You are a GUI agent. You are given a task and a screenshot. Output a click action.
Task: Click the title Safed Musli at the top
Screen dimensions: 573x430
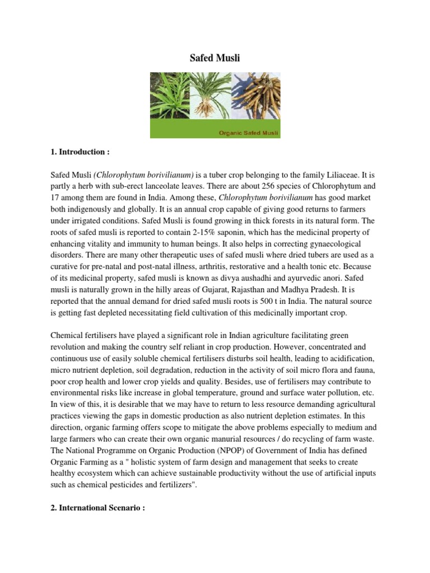coord(215,58)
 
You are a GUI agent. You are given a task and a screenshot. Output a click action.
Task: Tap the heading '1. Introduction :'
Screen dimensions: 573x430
coord(78,152)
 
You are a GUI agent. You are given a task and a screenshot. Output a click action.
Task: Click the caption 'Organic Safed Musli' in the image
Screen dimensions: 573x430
coord(249,133)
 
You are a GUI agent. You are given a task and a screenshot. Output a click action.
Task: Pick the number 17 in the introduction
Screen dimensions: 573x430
coord(56,197)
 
